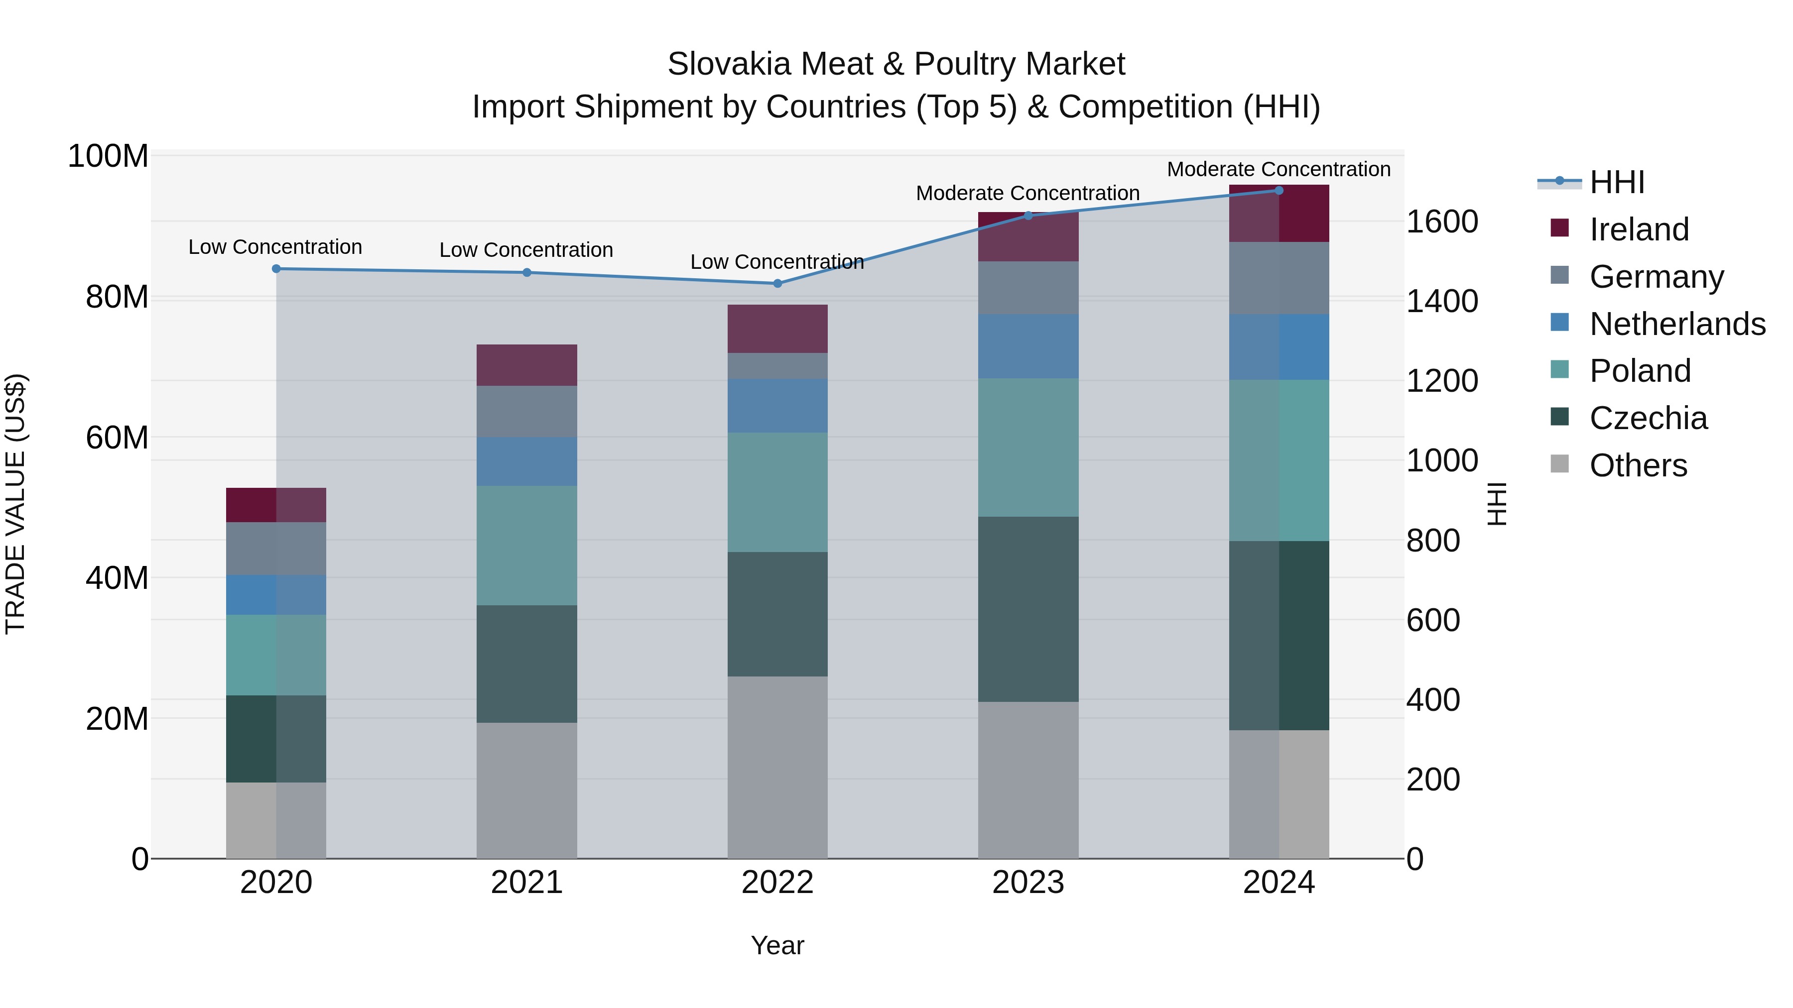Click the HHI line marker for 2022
click(x=777, y=283)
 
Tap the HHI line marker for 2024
click(x=1279, y=191)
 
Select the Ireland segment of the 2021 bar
click(x=527, y=365)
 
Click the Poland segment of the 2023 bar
click(x=1028, y=448)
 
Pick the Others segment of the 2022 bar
click(x=777, y=767)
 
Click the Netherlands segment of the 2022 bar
click(x=777, y=406)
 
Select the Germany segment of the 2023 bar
click(x=1028, y=287)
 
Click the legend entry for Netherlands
click(x=1677, y=324)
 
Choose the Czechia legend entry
click(x=1648, y=418)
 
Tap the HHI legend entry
click(x=1617, y=182)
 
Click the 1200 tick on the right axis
click(x=1442, y=381)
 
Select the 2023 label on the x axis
click(x=1028, y=883)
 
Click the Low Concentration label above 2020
click(x=275, y=247)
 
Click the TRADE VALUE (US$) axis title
click(x=15, y=504)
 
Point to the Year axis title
click(x=777, y=945)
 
